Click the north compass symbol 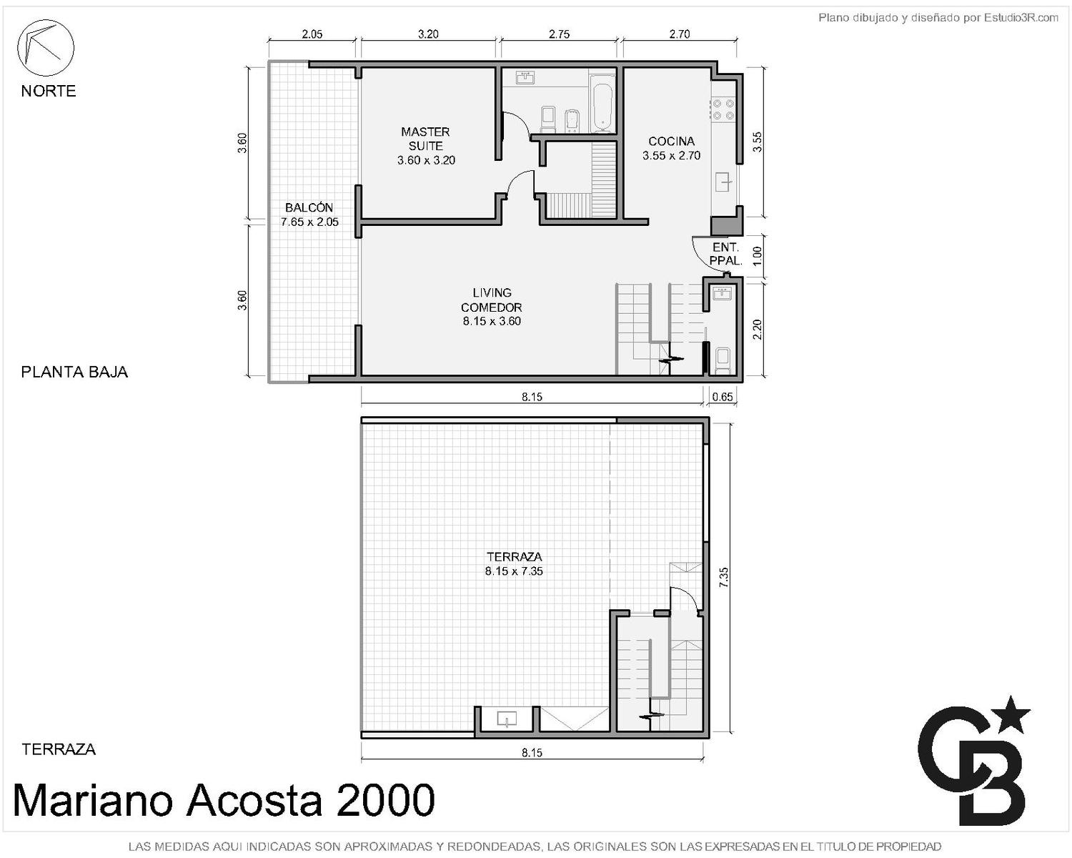tap(46, 48)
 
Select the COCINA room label tap(672, 141)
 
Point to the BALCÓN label tap(309, 207)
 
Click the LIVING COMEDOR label tap(492, 300)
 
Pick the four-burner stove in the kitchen tap(723, 109)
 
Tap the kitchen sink tap(723, 182)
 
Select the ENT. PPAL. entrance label tap(726, 254)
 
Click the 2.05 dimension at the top tap(312, 34)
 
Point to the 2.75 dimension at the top tap(560, 34)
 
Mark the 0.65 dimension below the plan tap(723, 397)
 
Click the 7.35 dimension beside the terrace tap(724, 577)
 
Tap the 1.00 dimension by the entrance tap(757, 256)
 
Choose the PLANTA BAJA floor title tap(74, 372)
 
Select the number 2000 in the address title tap(385, 800)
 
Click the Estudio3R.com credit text tap(1021, 18)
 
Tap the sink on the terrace tap(507, 719)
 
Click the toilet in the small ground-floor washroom tap(723, 360)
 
